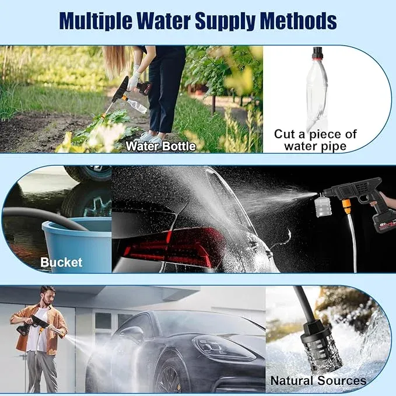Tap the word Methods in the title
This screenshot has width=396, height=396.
pyautogui.click(x=298, y=21)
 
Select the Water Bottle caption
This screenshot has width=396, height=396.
pyautogui.click(x=161, y=146)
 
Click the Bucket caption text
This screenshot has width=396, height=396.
pyautogui.click(x=61, y=262)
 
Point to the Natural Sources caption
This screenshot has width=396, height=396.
pyautogui.click(x=318, y=381)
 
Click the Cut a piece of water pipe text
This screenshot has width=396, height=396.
pyautogui.click(x=315, y=140)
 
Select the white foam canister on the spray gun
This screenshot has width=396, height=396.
pyautogui.click(x=323, y=206)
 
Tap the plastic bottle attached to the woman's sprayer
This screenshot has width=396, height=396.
pyautogui.click(x=136, y=105)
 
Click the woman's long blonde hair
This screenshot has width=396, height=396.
pyautogui.click(x=117, y=61)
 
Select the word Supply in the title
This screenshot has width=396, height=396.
pyautogui.click(x=225, y=21)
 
